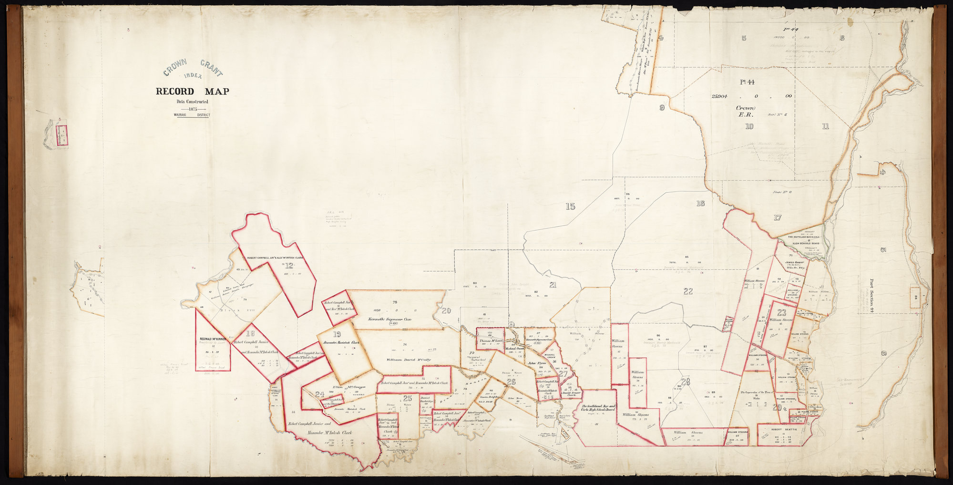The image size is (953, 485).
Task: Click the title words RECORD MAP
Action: (192, 92)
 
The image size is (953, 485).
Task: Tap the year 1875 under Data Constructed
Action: (193, 109)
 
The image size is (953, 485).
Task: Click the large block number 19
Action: (337, 334)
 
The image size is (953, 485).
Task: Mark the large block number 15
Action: (570, 206)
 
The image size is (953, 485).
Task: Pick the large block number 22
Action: (687, 291)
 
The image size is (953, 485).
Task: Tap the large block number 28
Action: (686, 382)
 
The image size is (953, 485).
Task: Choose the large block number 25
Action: (407, 399)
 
